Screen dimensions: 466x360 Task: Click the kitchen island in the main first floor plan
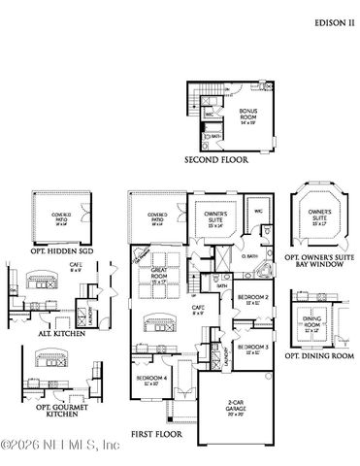pyautogui.click(x=155, y=323)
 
